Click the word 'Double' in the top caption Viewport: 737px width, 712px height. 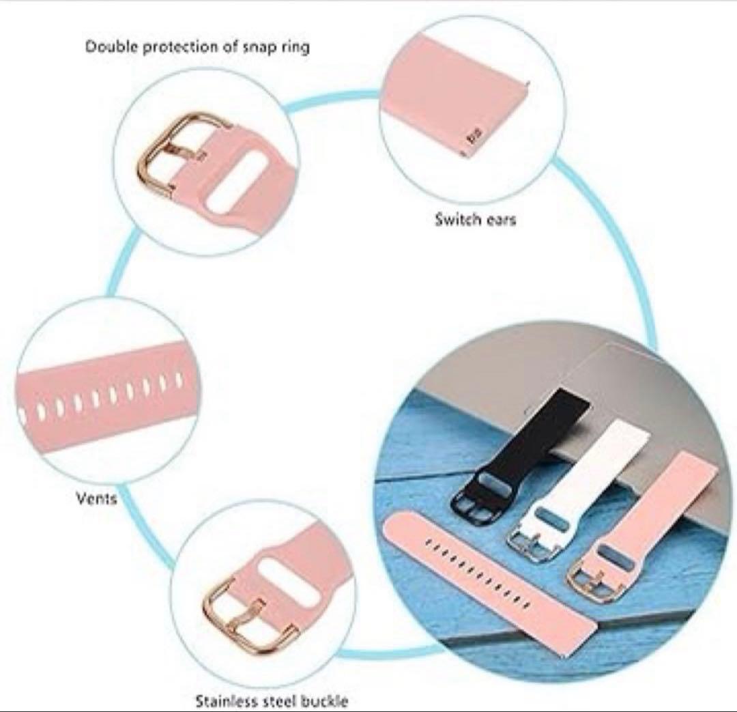[107, 47]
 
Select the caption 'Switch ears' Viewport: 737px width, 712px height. [475, 220]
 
